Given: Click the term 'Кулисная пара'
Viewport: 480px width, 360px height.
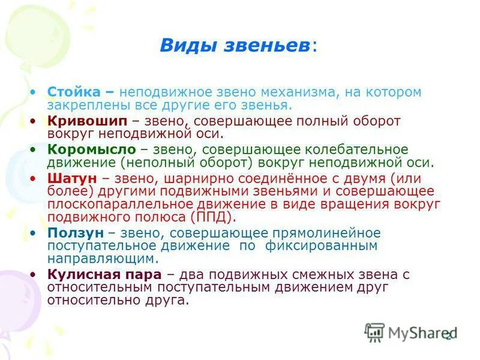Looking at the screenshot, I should click(x=104, y=274).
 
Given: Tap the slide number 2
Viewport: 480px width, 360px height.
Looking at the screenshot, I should click(x=448, y=336).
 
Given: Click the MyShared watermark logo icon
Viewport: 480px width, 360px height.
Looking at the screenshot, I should click(x=375, y=332).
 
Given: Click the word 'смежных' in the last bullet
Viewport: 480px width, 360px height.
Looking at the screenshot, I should click(x=313, y=274).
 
